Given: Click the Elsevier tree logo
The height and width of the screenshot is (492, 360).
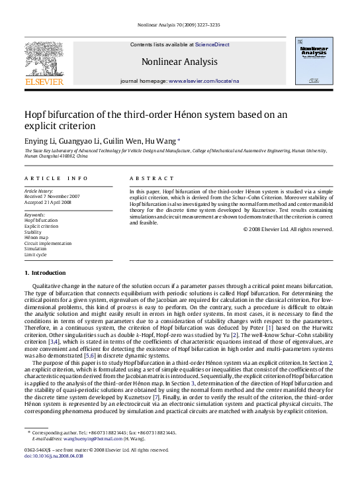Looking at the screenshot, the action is [x=44, y=60].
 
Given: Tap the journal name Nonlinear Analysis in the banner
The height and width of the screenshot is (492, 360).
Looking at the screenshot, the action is [x=179, y=62].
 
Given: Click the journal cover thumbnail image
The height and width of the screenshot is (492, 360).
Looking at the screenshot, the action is [x=316, y=62].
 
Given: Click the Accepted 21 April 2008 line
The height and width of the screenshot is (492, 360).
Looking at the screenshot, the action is [x=48, y=202].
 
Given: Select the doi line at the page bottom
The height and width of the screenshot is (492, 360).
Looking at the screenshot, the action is [x=52, y=456].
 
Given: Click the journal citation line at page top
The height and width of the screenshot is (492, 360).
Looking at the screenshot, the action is [x=179, y=24].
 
